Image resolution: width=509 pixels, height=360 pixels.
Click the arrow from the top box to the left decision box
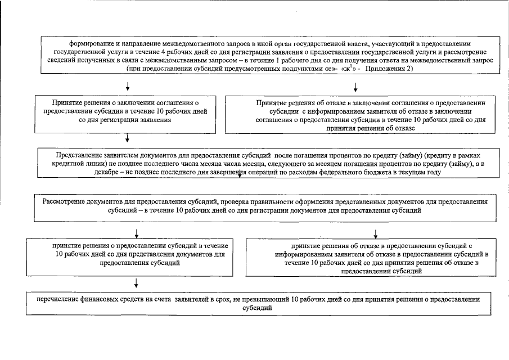pos(128,86)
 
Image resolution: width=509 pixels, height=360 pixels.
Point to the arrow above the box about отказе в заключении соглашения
pos(355,86)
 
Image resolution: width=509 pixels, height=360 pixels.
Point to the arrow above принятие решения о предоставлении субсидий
pos(136,233)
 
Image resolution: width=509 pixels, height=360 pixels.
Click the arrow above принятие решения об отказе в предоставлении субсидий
pos(375,233)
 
